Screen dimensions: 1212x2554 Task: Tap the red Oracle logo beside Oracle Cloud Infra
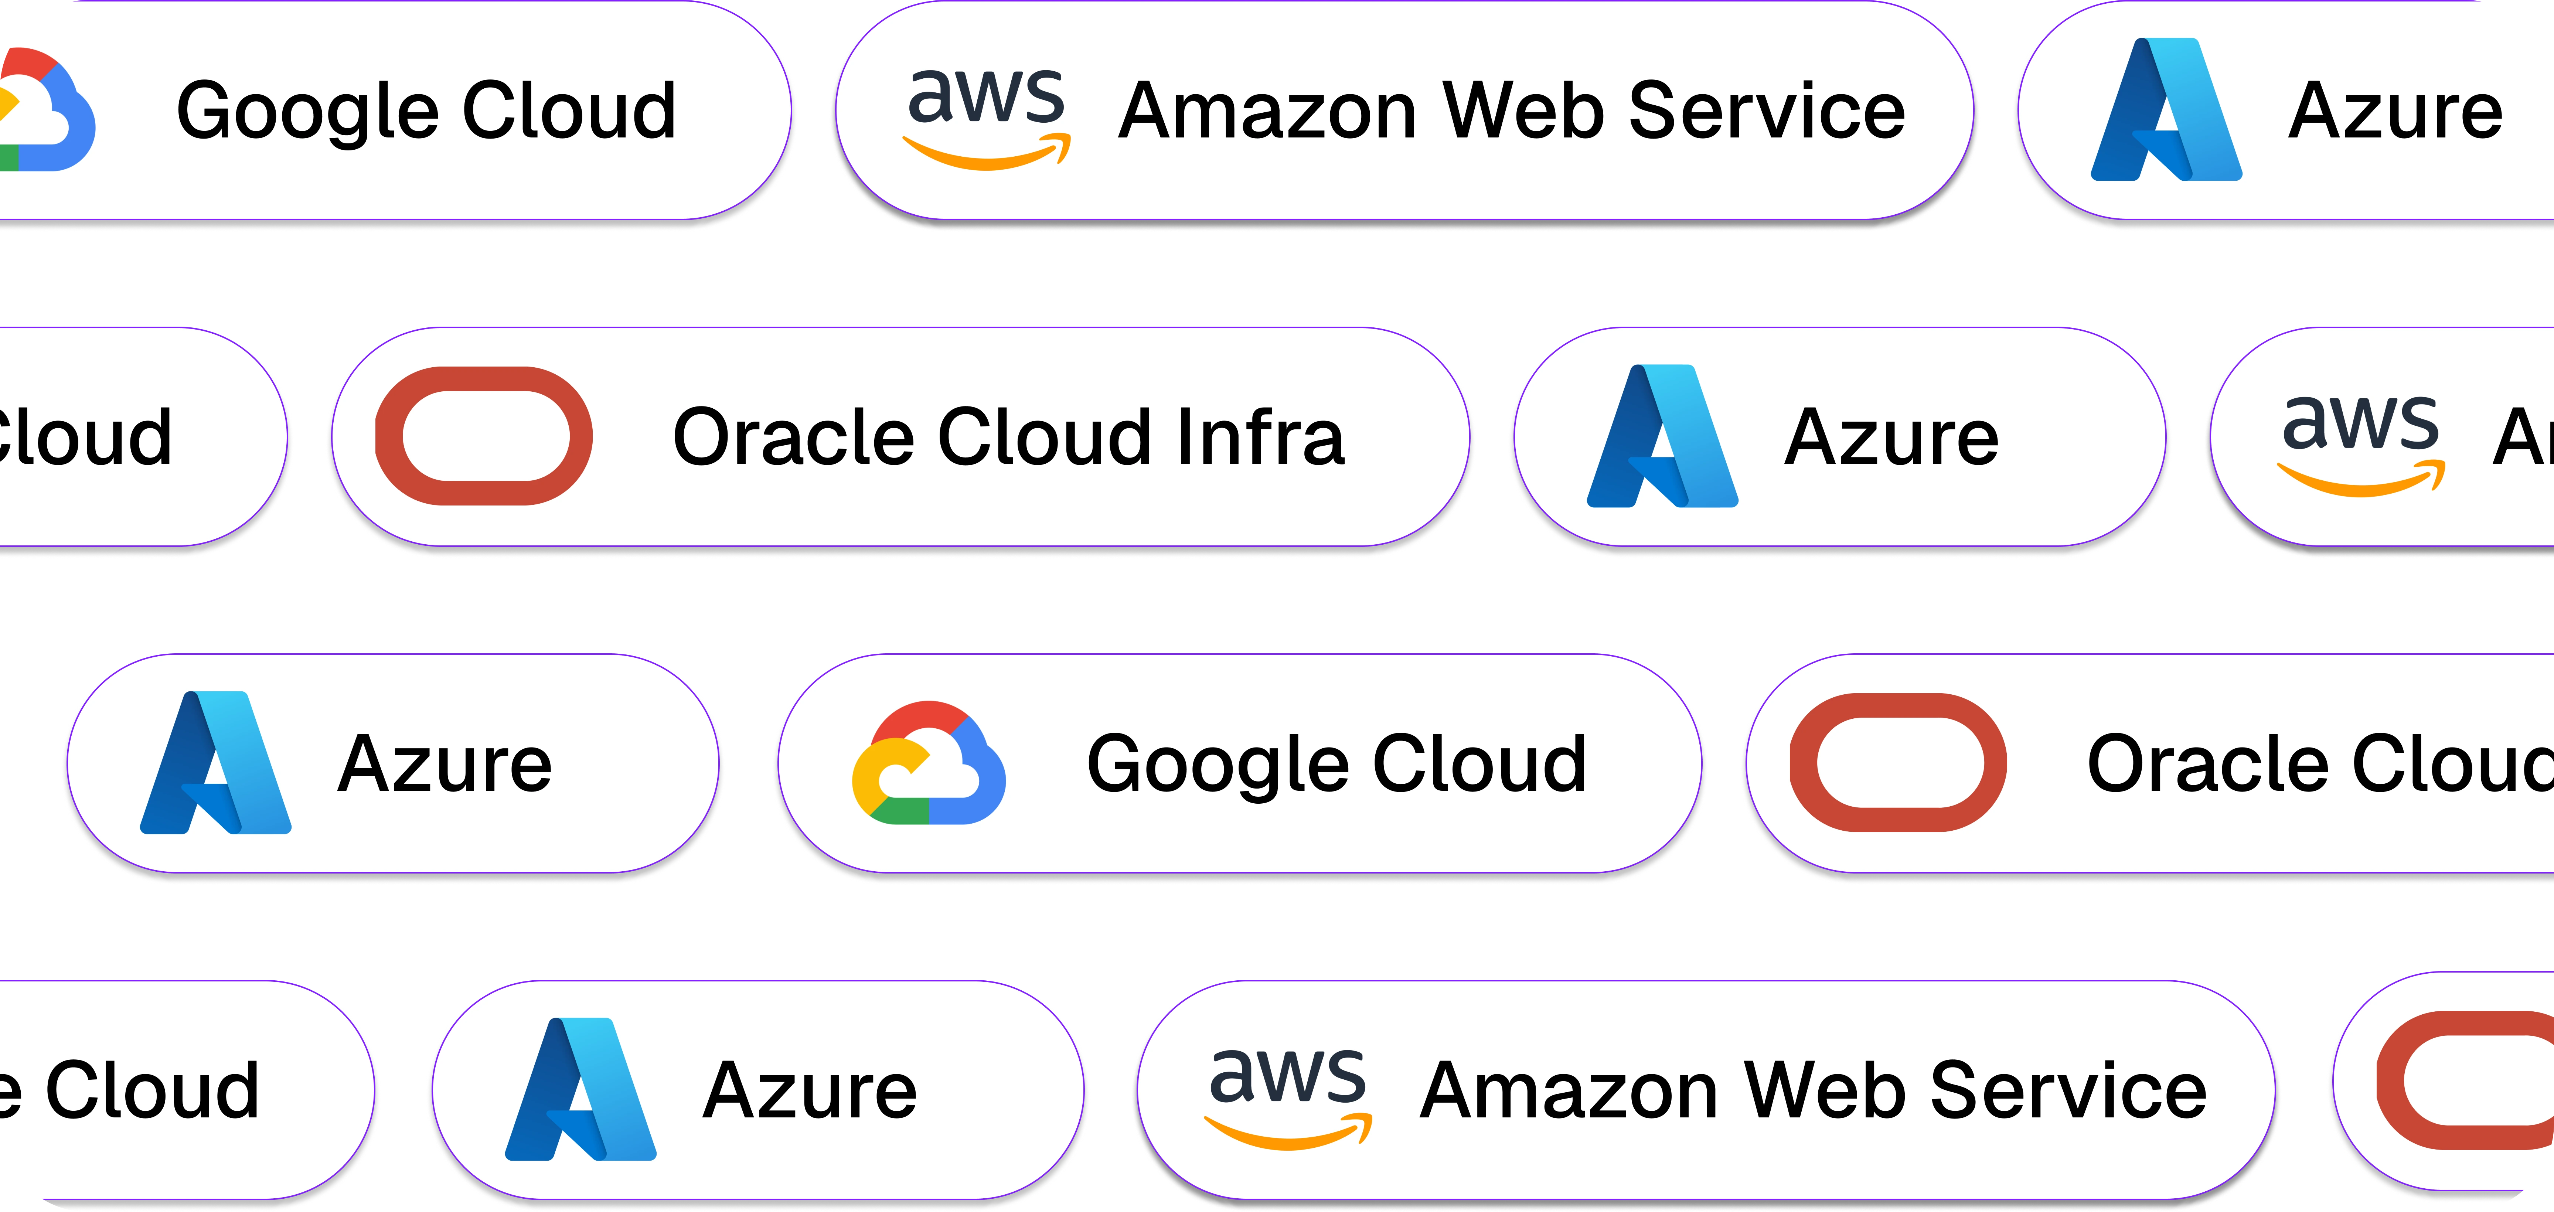(484, 436)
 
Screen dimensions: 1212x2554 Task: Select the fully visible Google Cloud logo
(928, 764)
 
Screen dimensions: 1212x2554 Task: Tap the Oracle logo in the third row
(1898, 763)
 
